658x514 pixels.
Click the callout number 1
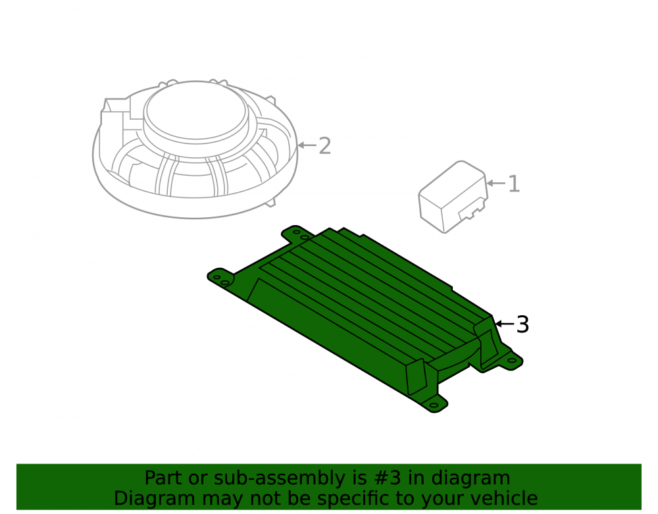click(514, 184)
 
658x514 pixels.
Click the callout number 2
click(325, 145)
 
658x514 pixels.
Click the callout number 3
click(522, 324)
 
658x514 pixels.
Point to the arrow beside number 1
click(496, 184)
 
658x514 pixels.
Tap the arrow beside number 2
click(307, 145)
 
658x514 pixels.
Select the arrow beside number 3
click(505, 324)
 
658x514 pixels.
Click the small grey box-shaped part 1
click(453, 197)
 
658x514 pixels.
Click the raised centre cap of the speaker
click(196, 113)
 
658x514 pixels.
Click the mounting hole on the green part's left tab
click(217, 277)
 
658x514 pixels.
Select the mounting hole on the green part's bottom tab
click(434, 405)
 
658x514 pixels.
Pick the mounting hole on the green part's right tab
click(512, 361)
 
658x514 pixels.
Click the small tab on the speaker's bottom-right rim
click(270, 203)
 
